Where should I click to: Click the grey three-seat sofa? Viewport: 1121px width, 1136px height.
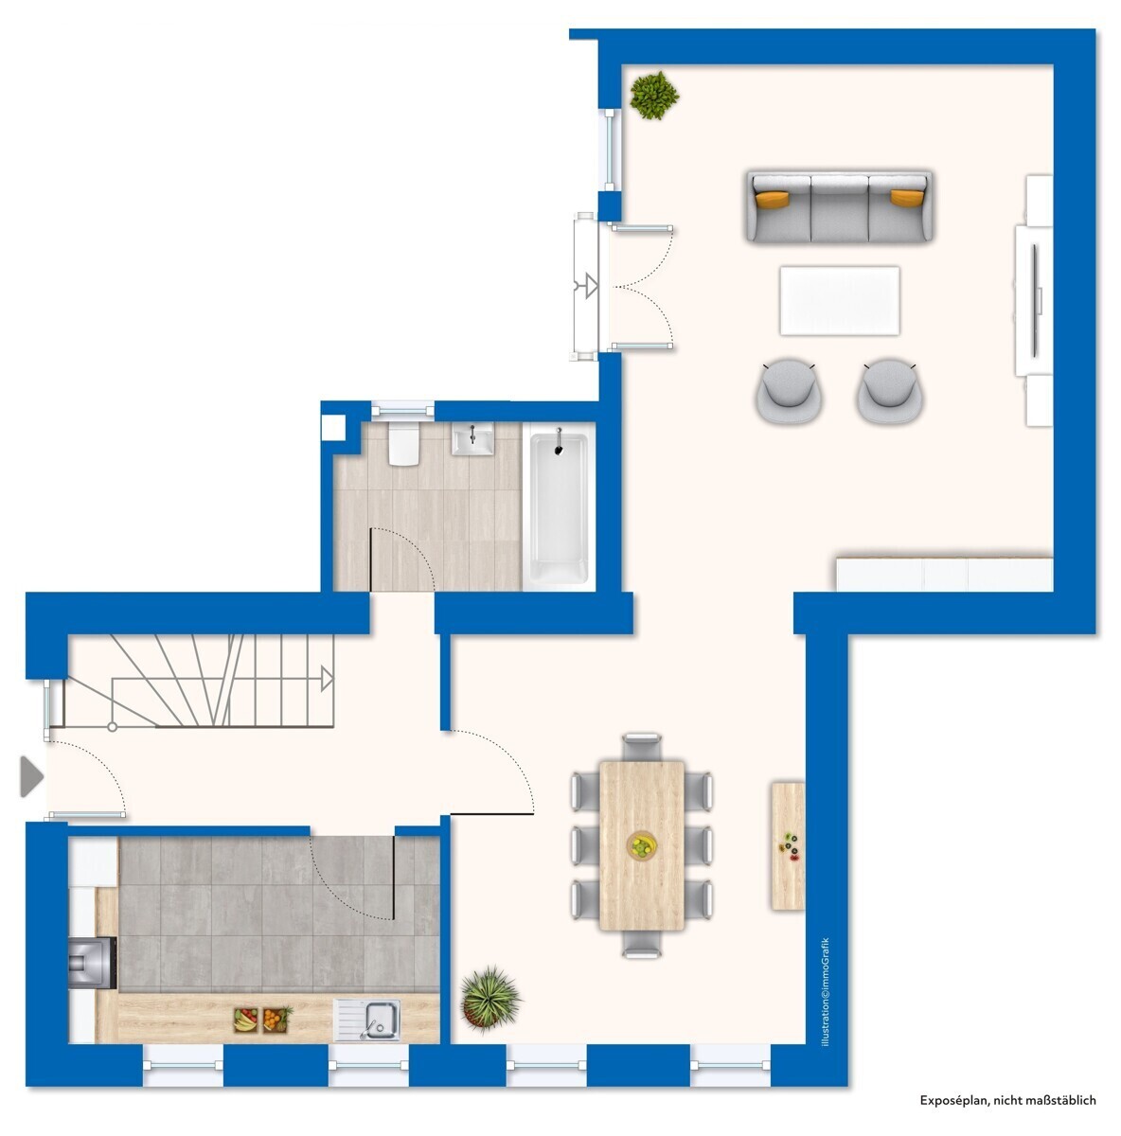point(839,207)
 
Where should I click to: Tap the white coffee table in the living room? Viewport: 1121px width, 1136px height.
point(839,301)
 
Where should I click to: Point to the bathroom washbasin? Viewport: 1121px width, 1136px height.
point(472,439)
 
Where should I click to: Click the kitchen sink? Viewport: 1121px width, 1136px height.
point(366,1020)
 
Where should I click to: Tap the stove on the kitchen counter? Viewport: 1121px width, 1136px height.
point(92,963)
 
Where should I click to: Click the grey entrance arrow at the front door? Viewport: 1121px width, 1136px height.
point(32,777)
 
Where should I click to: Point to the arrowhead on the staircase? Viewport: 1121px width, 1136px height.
point(327,679)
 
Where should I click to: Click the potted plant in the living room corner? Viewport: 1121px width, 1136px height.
point(653,95)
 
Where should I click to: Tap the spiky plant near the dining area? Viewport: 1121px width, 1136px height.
point(490,999)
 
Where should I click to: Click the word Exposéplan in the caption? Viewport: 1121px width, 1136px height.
point(954,1100)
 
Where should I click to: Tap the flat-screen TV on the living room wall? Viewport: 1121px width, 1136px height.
point(1034,300)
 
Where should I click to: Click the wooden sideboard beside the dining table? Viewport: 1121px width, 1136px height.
point(788,846)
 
